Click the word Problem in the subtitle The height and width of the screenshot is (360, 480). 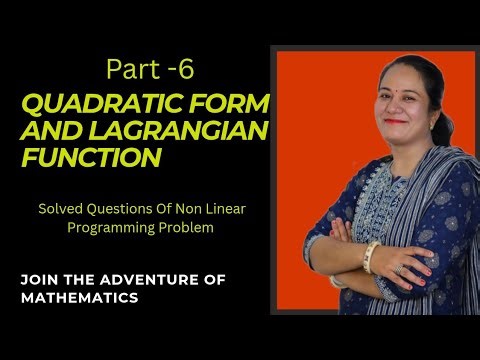tap(186, 228)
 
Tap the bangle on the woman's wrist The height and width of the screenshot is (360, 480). tap(372, 257)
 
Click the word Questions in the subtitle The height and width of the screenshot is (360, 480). tap(122, 210)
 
